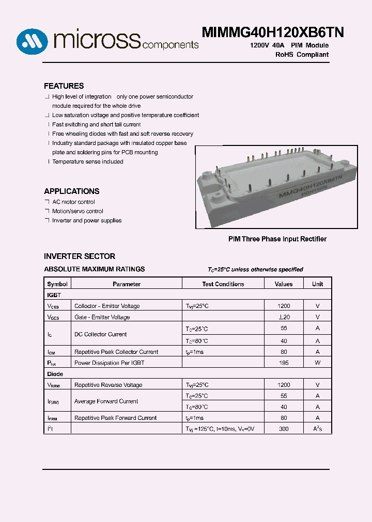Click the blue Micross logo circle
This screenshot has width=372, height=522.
[32, 41]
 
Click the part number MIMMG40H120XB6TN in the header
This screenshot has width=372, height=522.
[273, 32]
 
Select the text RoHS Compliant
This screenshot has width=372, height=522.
[302, 55]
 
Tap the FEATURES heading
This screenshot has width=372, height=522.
[64, 86]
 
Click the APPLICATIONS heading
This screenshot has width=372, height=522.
[71, 191]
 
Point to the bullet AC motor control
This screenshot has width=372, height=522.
[73, 202]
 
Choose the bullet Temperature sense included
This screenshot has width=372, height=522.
[87, 162]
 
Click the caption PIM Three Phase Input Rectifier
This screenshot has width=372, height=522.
[277, 239]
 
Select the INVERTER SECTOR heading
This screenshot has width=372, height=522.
[80, 256]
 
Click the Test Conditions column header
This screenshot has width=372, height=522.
[223, 284]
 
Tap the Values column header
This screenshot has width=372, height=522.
[284, 284]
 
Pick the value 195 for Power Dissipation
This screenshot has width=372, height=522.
[284, 363]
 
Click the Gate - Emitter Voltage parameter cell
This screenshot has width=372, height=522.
[102, 317]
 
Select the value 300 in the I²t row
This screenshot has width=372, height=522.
[284, 429]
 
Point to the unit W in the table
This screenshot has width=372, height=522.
[317, 363]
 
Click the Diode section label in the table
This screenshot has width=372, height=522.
[55, 374]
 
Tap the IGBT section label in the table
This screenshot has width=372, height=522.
[54, 295]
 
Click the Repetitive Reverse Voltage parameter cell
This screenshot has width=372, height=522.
[108, 385]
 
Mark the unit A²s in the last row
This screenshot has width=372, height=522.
[317, 429]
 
